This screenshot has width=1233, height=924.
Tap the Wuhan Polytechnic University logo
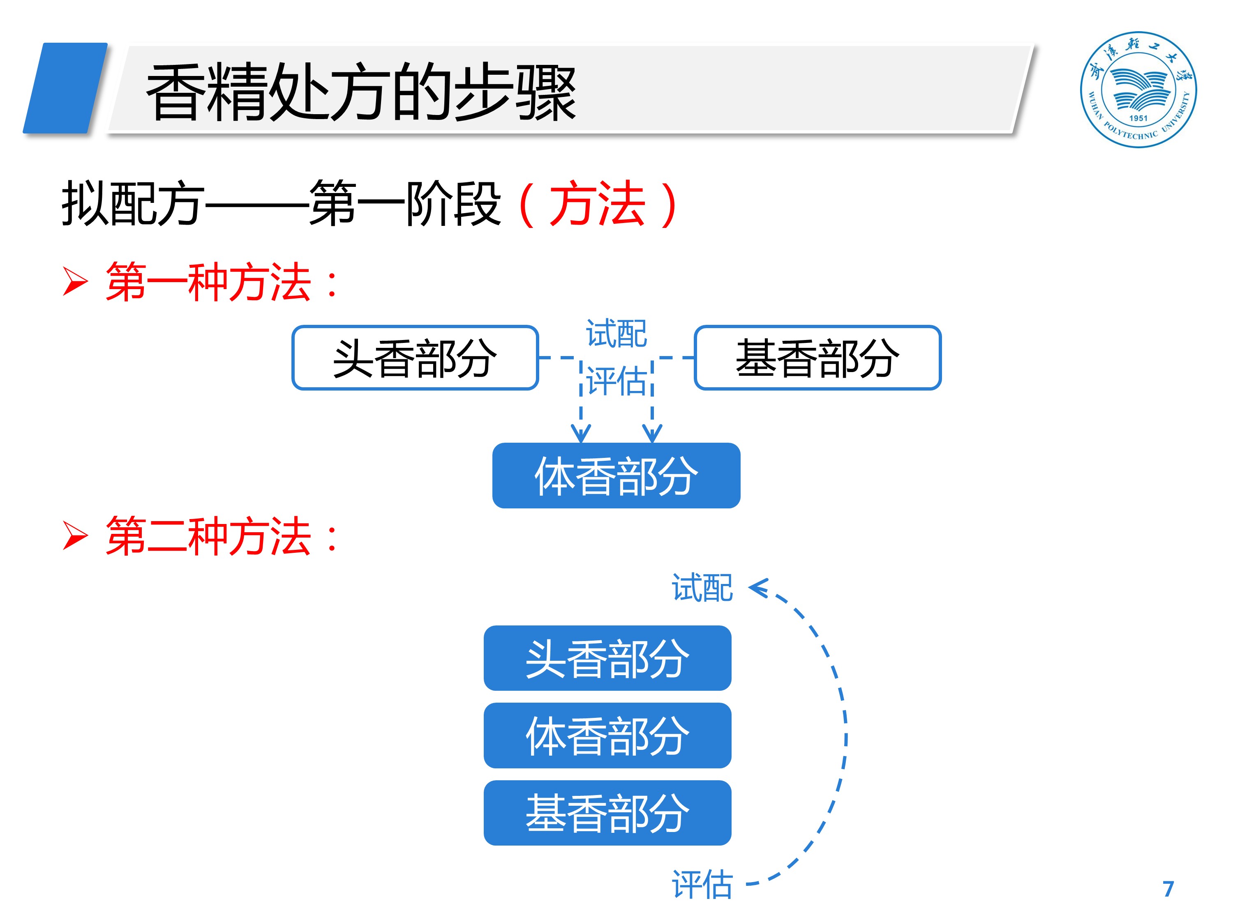(x=1138, y=89)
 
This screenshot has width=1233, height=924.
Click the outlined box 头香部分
(x=415, y=358)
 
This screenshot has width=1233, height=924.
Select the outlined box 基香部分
(x=817, y=358)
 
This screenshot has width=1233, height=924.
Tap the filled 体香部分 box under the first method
(x=616, y=475)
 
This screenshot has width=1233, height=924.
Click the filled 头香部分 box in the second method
(x=607, y=658)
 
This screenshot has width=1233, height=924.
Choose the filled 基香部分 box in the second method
(x=607, y=813)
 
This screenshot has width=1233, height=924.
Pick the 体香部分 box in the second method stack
(x=607, y=735)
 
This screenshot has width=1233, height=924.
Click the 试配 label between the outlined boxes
(x=616, y=333)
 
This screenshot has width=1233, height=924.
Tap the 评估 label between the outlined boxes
(x=616, y=382)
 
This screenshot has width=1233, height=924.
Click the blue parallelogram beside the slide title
(x=65, y=88)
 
